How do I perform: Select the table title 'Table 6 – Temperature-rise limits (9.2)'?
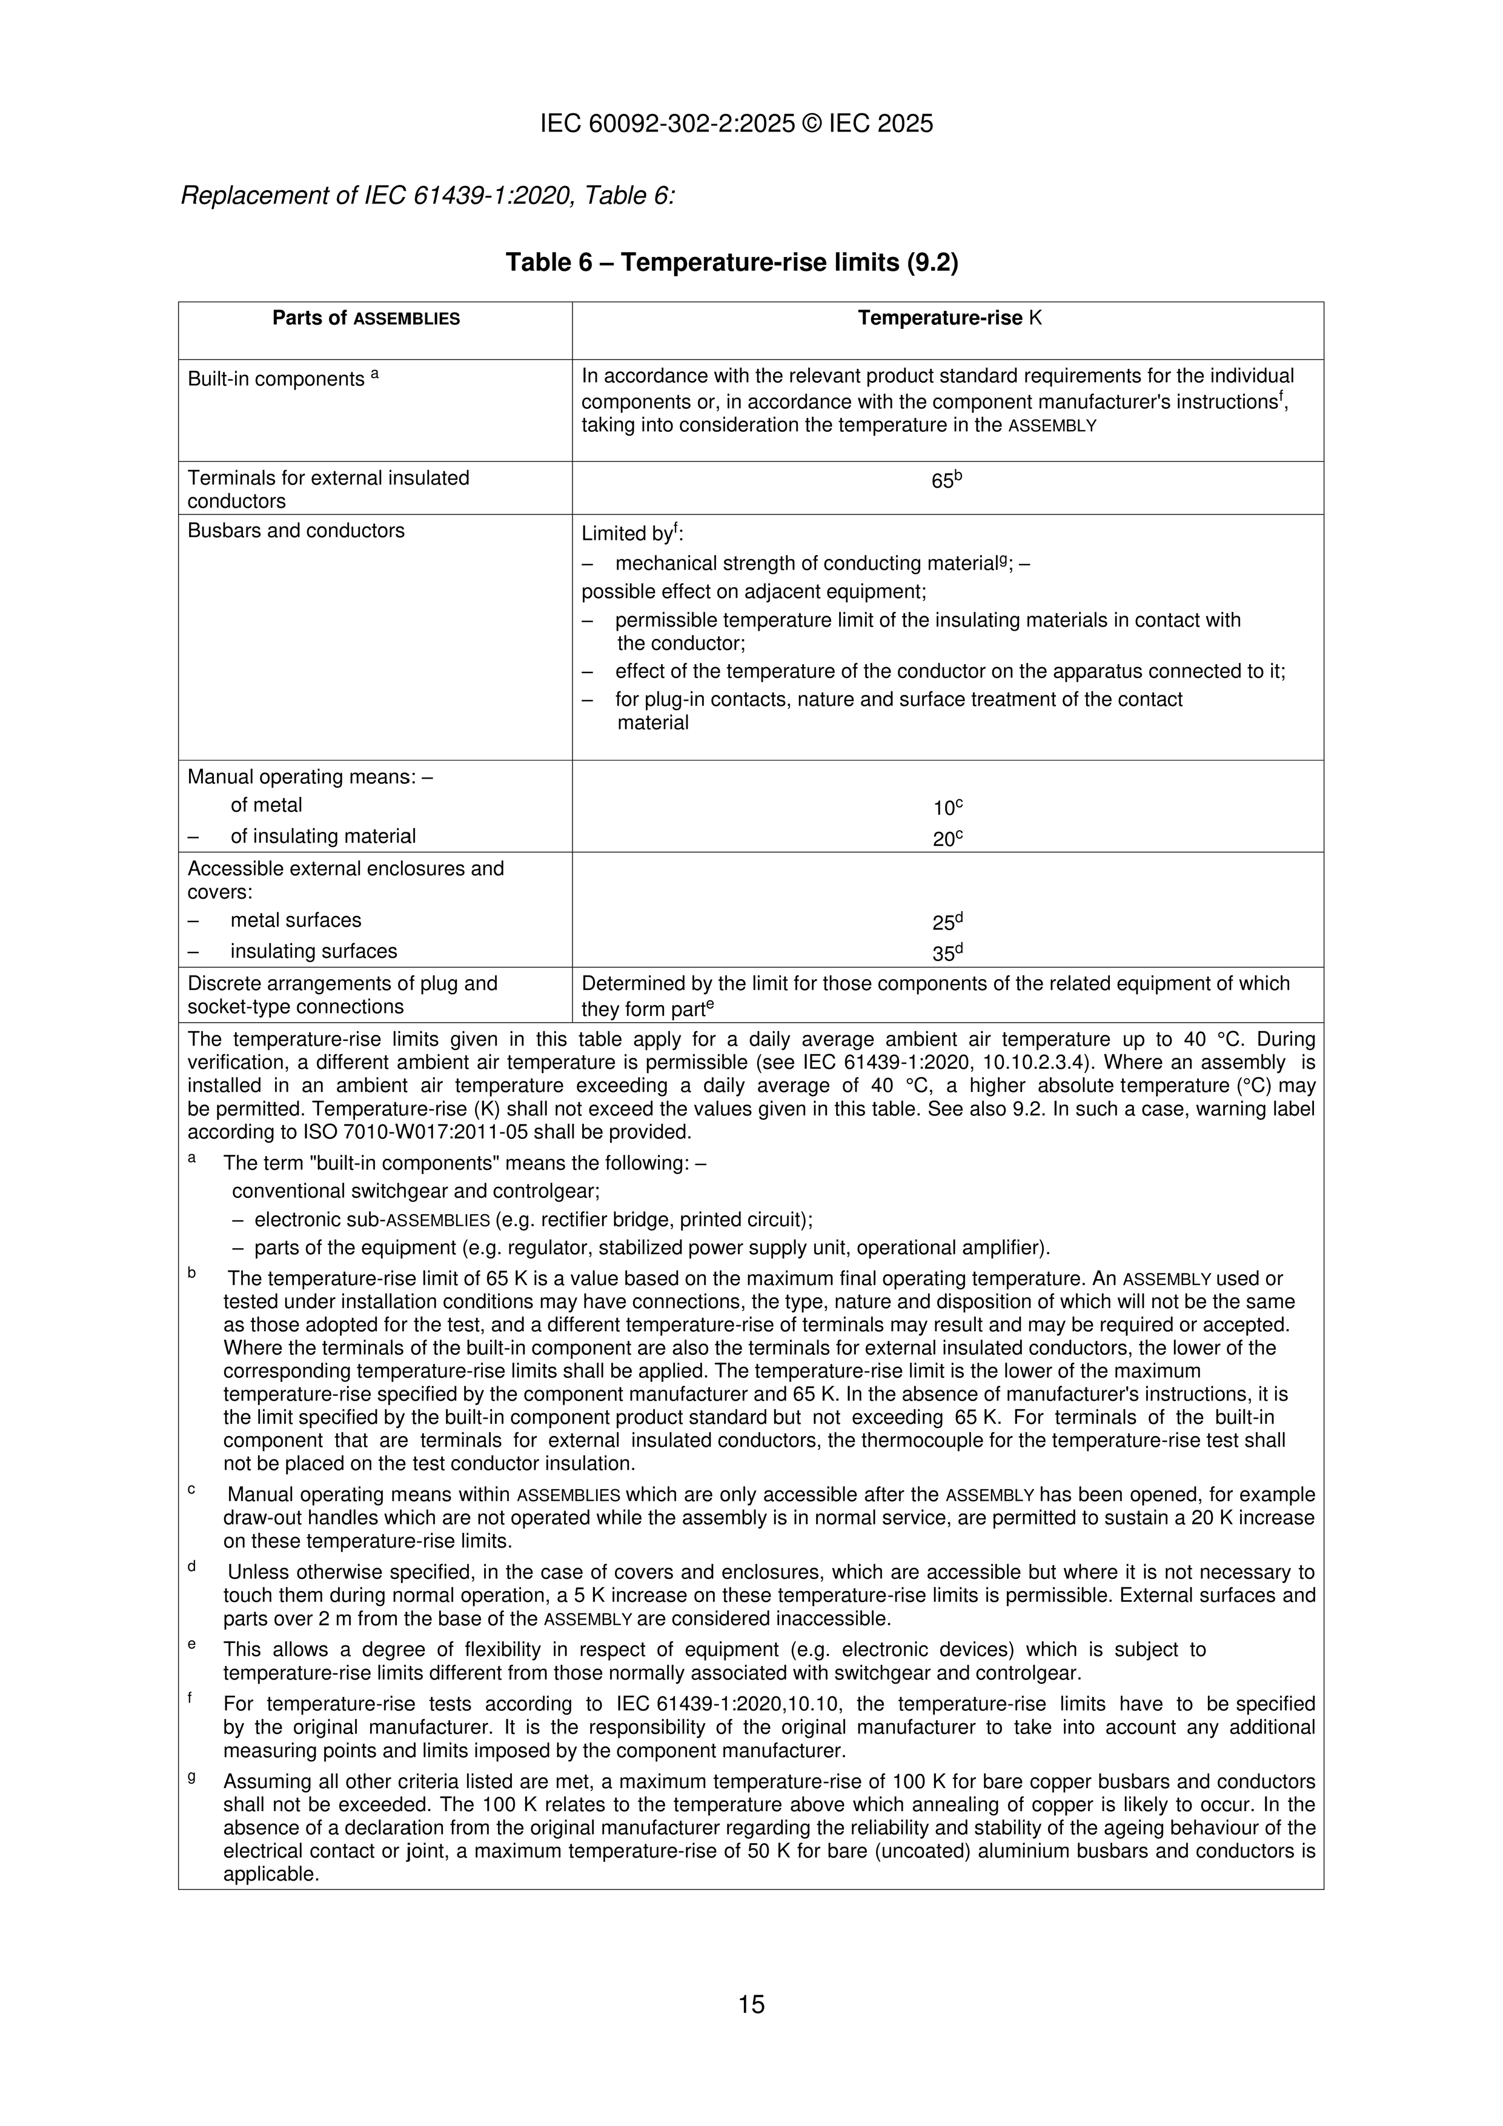tap(732, 263)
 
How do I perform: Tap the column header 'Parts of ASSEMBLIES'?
tap(366, 319)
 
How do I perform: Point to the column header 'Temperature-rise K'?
tap(949, 319)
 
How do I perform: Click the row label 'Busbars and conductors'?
tap(296, 531)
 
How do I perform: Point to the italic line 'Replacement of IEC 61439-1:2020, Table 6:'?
tap(427, 196)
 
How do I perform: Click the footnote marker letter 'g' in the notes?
tap(191, 1777)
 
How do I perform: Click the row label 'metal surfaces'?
tap(296, 920)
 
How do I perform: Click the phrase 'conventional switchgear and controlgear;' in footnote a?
tap(416, 1191)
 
